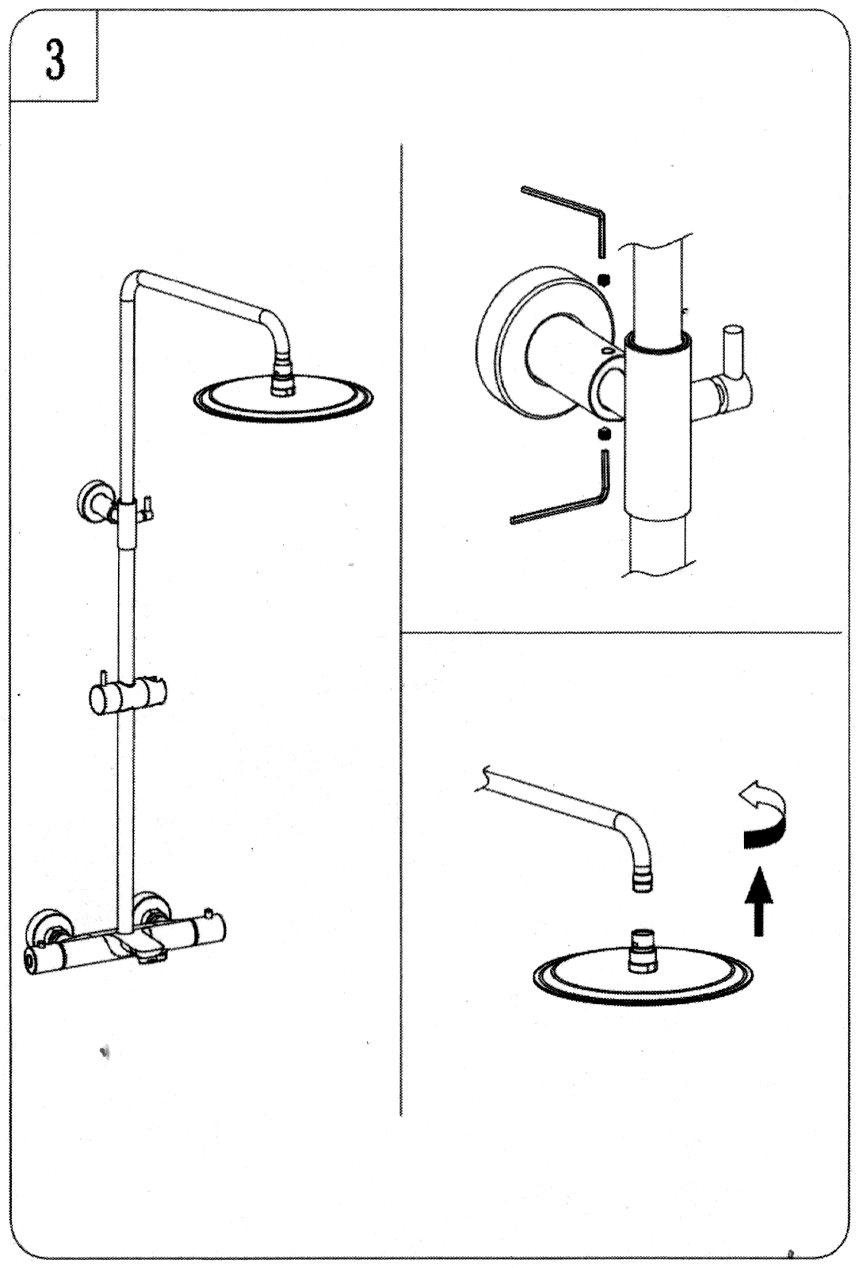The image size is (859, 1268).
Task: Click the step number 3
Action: coord(55,59)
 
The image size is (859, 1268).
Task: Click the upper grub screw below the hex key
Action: coord(605,279)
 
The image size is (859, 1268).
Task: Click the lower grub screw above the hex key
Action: coord(605,435)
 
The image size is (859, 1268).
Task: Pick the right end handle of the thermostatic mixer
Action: coord(209,928)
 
